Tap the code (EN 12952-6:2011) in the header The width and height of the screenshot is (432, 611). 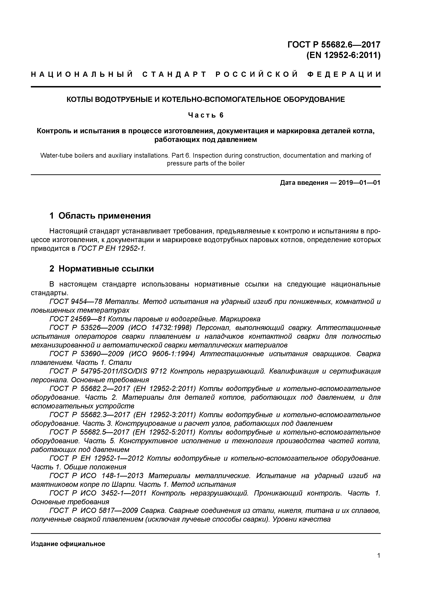tap(343, 55)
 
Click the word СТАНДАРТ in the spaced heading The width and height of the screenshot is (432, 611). tap(174, 75)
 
